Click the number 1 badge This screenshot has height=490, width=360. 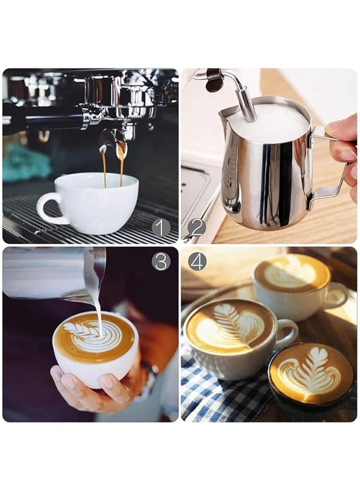[x=161, y=227]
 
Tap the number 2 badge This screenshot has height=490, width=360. [x=196, y=228]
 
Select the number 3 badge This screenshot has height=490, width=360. [x=161, y=261]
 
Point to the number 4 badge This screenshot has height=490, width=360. [x=197, y=261]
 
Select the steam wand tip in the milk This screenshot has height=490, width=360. [x=247, y=111]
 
